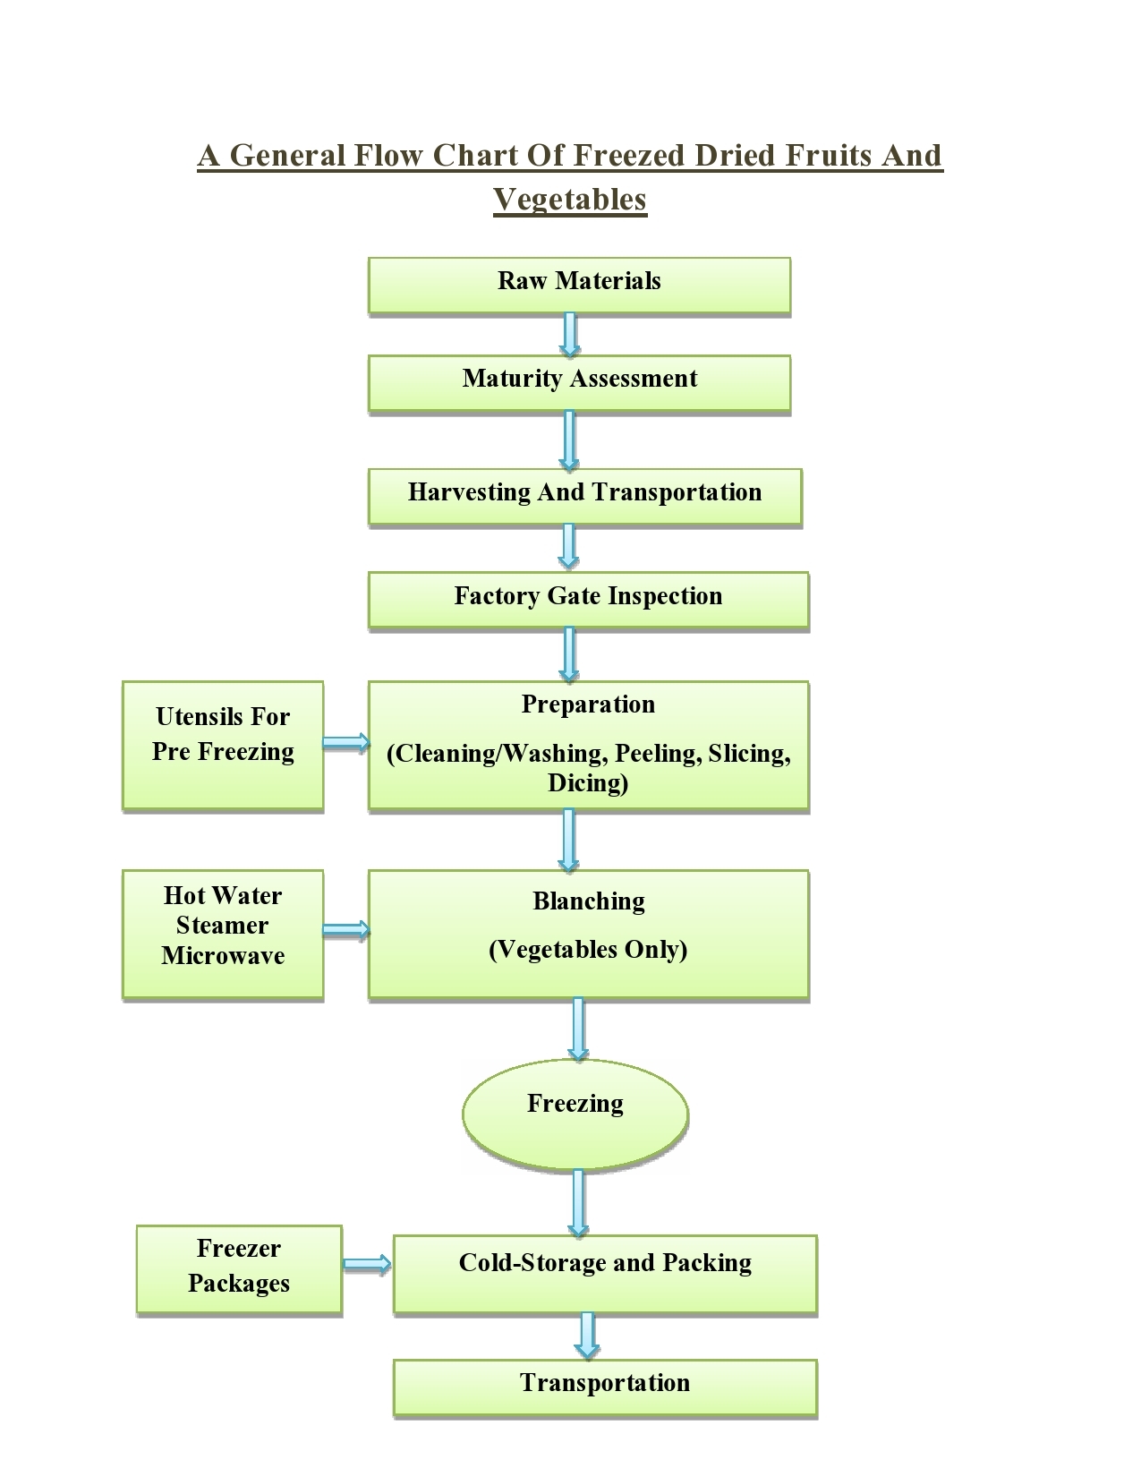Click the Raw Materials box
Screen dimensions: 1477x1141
coord(579,285)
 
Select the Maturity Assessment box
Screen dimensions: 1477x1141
coord(579,382)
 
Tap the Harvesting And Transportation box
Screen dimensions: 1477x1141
coord(584,495)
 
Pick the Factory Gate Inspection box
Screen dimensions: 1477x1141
coord(588,599)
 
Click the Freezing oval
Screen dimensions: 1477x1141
coord(575,1113)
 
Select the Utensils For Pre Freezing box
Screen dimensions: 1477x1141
coord(223,745)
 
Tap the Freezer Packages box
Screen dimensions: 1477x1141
coord(239,1269)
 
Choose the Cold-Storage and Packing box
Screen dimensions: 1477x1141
coord(605,1273)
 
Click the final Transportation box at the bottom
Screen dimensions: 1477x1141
coord(605,1387)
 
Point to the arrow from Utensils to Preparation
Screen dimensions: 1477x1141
coord(345,741)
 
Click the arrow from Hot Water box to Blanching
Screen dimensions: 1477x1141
coord(345,929)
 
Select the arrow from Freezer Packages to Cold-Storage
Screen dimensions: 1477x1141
coord(367,1264)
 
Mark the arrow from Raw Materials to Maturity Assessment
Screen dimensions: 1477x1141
coord(569,334)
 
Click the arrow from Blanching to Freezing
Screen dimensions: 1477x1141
coord(578,1029)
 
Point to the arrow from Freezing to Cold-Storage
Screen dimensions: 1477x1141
coord(578,1202)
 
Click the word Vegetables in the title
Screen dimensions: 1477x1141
coord(570,199)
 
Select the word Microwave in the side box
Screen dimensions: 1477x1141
coord(223,956)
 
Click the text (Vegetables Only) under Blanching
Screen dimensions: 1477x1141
coord(588,950)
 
